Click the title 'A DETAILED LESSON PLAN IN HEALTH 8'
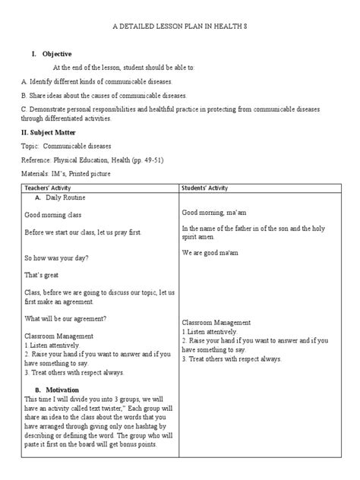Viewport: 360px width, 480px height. pos(180,27)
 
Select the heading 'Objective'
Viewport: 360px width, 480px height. pos(58,54)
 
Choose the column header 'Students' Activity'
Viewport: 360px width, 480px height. pos(209,186)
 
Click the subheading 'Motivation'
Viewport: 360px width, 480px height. pos(66,390)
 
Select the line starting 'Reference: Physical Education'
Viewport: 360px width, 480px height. pos(93,159)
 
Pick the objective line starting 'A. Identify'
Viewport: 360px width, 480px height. pos(98,81)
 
